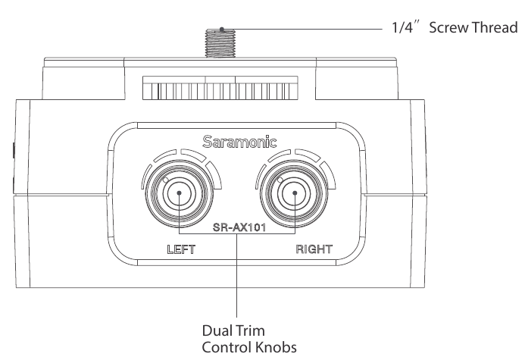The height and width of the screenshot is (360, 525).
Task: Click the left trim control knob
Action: coord(179,193)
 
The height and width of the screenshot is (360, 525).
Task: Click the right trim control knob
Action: coord(292,193)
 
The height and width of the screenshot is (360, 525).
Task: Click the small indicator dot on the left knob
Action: coord(165,180)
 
